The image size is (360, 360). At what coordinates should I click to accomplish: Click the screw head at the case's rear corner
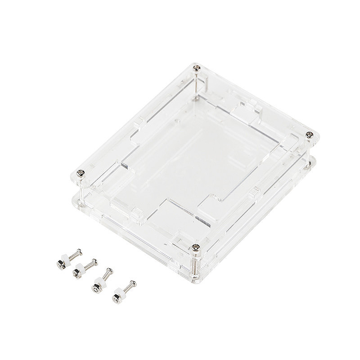[196, 68]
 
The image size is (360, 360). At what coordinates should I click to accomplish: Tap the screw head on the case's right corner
[308, 135]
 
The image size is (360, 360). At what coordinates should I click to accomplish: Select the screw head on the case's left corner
[81, 171]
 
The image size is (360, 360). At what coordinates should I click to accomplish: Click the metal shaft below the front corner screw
[195, 263]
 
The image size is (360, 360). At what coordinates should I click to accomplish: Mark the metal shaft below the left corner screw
[81, 189]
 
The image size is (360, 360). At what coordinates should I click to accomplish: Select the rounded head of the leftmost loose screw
[80, 251]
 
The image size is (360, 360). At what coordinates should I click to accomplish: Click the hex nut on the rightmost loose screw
[116, 297]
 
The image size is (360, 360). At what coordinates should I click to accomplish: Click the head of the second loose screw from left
[95, 261]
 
